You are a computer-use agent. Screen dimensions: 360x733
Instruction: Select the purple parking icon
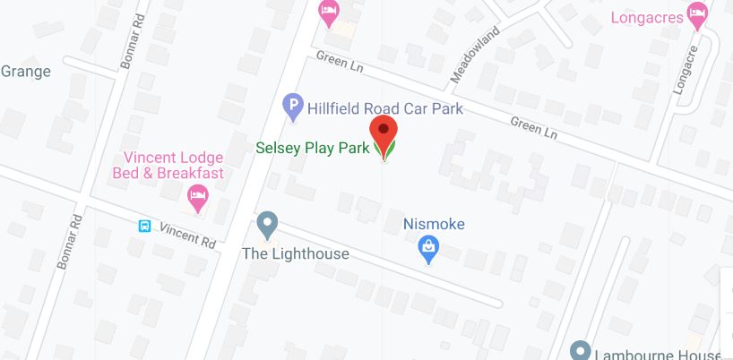pyautogui.click(x=292, y=108)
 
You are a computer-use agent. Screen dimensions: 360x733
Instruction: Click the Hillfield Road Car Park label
pyautogui.click(x=384, y=109)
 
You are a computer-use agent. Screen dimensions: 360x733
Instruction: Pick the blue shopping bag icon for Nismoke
pyautogui.click(x=429, y=246)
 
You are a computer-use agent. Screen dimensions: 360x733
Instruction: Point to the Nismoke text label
pyautogui.click(x=434, y=224)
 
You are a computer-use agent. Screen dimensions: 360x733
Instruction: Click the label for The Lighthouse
pyautogui.click(x=296, y=254)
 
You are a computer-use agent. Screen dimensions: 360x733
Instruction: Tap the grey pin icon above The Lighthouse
pyautogui.click(x=266, y=223)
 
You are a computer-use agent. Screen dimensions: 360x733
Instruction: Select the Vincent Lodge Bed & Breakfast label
pyautogui.click(x=168, y=164)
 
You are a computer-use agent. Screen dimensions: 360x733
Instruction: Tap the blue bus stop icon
pyautogui.click(x=144, y=226)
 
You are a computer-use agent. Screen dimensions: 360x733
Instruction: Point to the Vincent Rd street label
pyautogui.click(x=188, y=235)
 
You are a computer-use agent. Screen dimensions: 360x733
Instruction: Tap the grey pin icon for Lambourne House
pyautogui.click(x=581, y=350)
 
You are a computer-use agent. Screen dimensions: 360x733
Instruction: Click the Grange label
pyautogui.click(x=26, y=72)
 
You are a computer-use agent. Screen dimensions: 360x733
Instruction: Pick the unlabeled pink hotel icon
pyautogui.click(x=330, y=12)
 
